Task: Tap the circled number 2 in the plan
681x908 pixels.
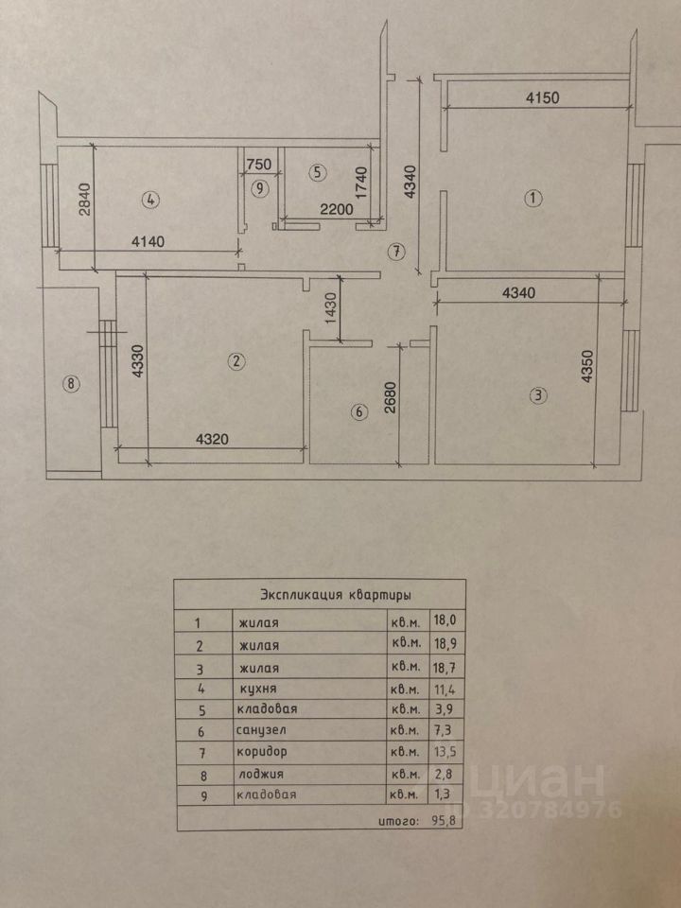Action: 236,360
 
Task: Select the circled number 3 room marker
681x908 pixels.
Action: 538,396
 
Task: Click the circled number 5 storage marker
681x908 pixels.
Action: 317,172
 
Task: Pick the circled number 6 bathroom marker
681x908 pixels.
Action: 358,412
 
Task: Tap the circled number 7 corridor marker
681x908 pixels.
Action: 396,252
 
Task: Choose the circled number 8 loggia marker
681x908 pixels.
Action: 68,383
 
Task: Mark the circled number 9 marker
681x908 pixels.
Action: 259,188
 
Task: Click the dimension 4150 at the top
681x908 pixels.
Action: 544,96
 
